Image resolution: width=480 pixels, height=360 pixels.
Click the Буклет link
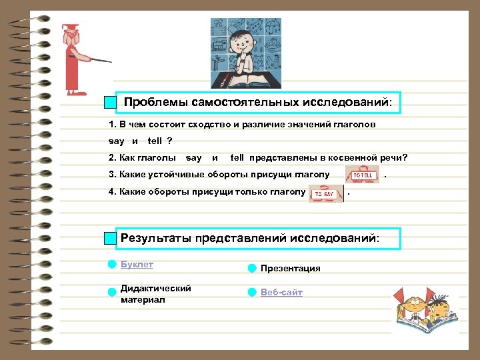coord(137,265)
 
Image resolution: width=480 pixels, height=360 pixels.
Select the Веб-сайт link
coord(281,293)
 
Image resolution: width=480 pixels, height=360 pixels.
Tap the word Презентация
coord(290,269)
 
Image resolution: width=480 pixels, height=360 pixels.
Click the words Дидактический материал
coord(155,294)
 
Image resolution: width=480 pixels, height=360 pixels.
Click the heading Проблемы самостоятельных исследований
coord(257,103)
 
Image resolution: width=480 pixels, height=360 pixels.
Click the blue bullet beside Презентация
coord(251,269)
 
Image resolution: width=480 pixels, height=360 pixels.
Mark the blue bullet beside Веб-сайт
coord(251,293)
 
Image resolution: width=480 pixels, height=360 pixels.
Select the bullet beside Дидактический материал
coord(112,291)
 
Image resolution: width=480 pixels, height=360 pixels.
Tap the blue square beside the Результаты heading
coord(111,239)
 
